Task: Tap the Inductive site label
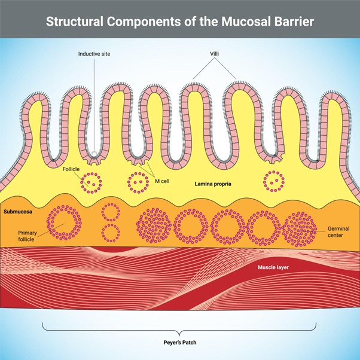[x=94, y=54]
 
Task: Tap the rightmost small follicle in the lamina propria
[x=274, y=179]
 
